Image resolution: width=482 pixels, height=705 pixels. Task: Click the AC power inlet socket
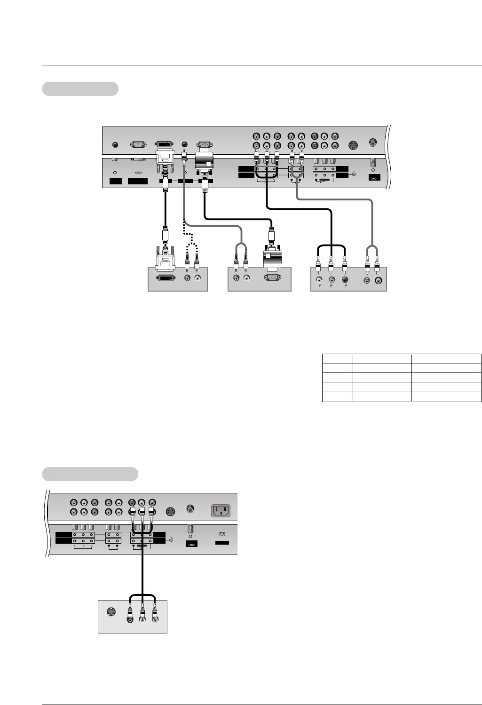point(221,510)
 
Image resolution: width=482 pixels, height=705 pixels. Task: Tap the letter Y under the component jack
point(319,286)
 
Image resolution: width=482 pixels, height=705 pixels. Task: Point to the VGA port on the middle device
point(271,278)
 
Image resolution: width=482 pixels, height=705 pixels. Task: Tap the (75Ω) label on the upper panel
point(374,179)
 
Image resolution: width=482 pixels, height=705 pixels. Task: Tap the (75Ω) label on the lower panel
point(191,544)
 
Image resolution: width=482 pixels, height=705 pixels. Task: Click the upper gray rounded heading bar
point(80,89)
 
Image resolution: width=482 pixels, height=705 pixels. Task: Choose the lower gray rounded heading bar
point(90,474)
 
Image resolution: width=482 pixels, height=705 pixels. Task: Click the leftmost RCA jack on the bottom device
point(130,619)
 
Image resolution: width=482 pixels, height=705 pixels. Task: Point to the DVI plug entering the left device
point(165,256)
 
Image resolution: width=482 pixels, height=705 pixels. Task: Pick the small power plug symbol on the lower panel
point(222,534)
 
